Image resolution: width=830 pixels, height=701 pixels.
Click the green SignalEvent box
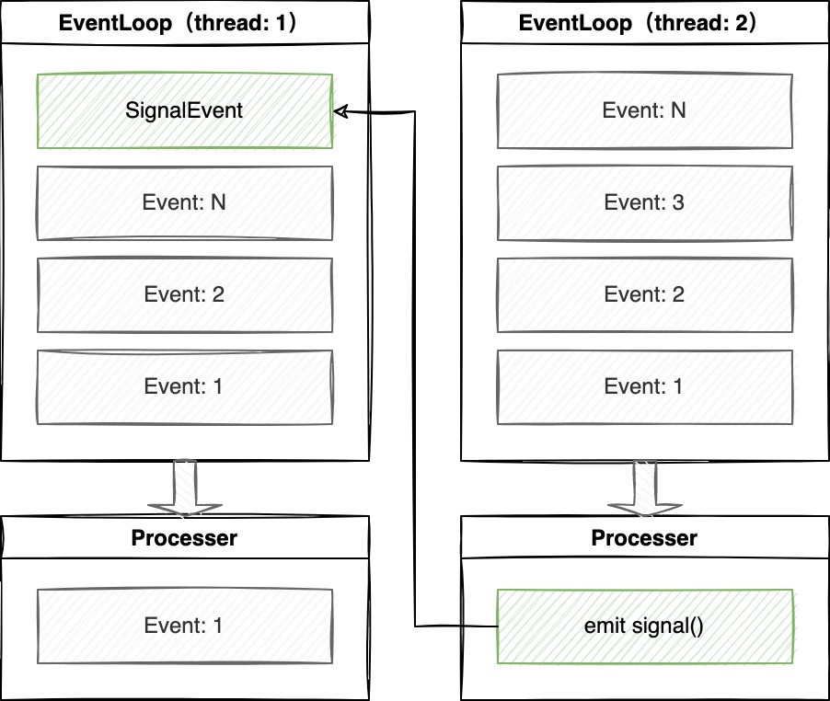pyautogui.click(x=184, y=111)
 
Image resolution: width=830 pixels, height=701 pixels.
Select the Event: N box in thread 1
pyautogui.click(x=184, y=203)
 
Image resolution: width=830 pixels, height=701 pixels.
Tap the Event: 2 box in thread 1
pyautogui.click(x=184, y=295)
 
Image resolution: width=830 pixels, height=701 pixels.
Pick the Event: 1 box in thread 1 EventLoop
pyautogui.click(x=184, y=387)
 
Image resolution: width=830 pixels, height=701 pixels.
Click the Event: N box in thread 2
pyautogui.click(x=644, y=111)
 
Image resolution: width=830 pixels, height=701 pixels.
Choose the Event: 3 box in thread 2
pyautogui.click(x=644, y=203)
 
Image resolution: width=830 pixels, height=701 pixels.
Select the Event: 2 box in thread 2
pyautogui.click(x=644, y=295)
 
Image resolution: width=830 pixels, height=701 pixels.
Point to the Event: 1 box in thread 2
pyautogui.click(x=644, y=387)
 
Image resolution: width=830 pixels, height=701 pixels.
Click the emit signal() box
pyautogui.click(x=644, y=626)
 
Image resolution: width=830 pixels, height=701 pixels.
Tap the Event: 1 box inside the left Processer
pyautogui.click(x=184, y=626)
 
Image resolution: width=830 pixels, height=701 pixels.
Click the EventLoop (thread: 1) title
pyautogui.click(x=184, y=23)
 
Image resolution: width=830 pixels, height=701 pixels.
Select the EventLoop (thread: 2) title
pyautogui.click(x=644, y=23)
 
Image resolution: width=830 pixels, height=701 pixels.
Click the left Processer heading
pyautogui.click(x=184, y=538)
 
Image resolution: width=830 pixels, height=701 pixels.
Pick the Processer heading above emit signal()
pyautogui.click(x=644, y=538)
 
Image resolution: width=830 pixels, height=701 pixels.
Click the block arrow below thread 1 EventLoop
pyautogui.click(x=184, y=488)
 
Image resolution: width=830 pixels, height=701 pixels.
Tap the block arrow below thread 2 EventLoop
pyautogui.click(x=644, y=488)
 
